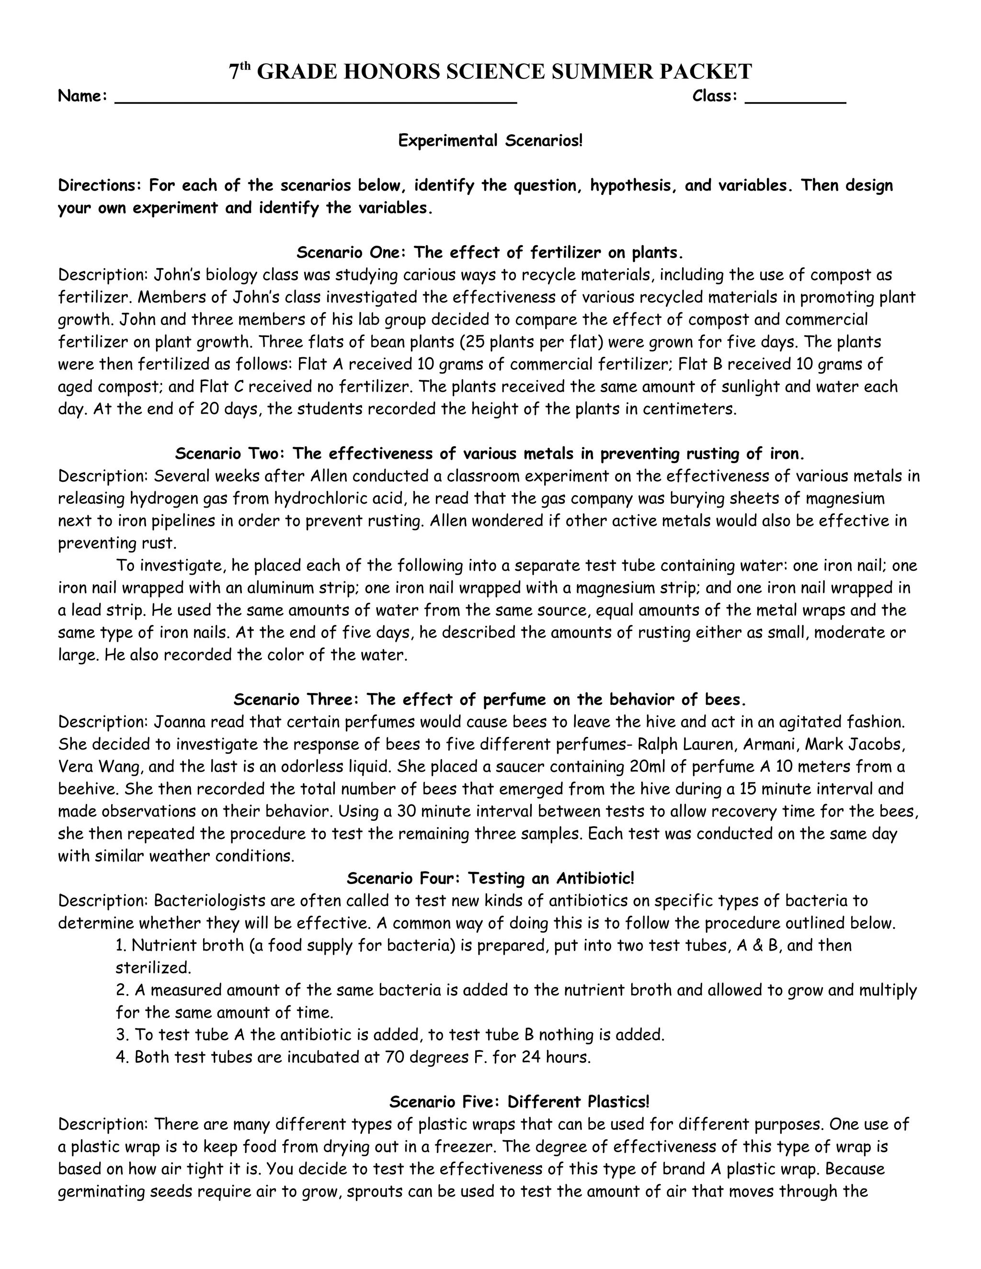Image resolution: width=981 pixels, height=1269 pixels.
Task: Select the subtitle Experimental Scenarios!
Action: pos(490,141)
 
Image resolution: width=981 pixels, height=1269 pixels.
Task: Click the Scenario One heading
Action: pos(490,253)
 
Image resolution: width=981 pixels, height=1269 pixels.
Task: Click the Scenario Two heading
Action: pos(490,454)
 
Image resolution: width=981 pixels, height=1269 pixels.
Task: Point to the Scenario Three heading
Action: pos(490,699)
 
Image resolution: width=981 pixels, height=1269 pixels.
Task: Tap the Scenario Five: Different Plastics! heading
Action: pos(518,1102)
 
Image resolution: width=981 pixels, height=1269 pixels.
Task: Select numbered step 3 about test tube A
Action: pos(389,1035)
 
